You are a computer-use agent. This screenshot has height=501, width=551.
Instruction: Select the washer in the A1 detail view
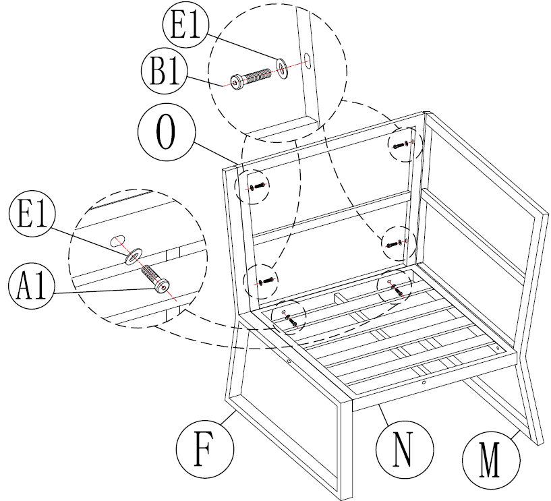(134, 255)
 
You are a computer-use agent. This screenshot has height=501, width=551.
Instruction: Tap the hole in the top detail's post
(306, 59)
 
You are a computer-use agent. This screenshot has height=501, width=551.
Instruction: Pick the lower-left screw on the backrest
(264, 280)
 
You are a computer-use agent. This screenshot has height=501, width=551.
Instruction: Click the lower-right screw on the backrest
(395, 243)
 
